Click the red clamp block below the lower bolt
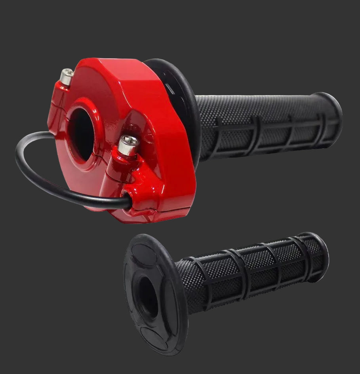click(143, 186)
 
